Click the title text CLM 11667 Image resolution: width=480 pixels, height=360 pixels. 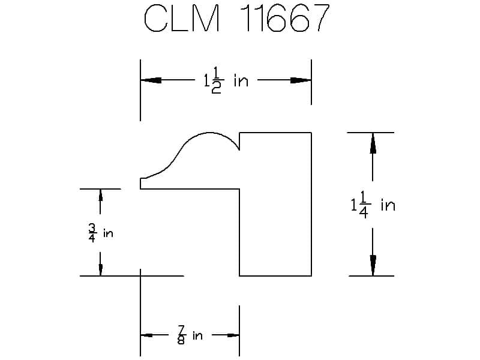click(236, 19)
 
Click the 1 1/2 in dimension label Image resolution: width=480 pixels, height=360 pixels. click(226, 80)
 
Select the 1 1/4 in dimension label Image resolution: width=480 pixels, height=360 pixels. click(373, 205)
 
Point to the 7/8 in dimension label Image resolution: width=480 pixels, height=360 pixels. click(190, 335)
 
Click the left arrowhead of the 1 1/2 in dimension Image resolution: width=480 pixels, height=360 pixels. click(151, 80)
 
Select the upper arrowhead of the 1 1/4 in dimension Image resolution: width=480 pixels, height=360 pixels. click(373, 143)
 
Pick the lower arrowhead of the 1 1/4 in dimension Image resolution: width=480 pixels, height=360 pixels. click(373, 265)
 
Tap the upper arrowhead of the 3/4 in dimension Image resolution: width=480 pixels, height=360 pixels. click(100, 195)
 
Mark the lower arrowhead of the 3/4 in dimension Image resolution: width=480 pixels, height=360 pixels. click(100, 269)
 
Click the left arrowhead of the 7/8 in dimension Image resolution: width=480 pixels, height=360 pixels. click(146, 335)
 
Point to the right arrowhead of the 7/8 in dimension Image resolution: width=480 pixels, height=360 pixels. click(233, 335)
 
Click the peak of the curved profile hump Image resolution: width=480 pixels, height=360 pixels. click(210, 133)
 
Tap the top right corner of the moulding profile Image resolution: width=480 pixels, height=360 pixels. click(311, 133)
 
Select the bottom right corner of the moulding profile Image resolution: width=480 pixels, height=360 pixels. click(311, 276)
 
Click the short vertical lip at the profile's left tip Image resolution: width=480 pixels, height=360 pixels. click(140, 184)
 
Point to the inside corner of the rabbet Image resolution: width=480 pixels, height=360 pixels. click(239, 189)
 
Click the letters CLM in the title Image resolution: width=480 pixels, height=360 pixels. click(182, 19)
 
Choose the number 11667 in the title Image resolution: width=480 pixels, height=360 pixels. click(285, 19)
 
